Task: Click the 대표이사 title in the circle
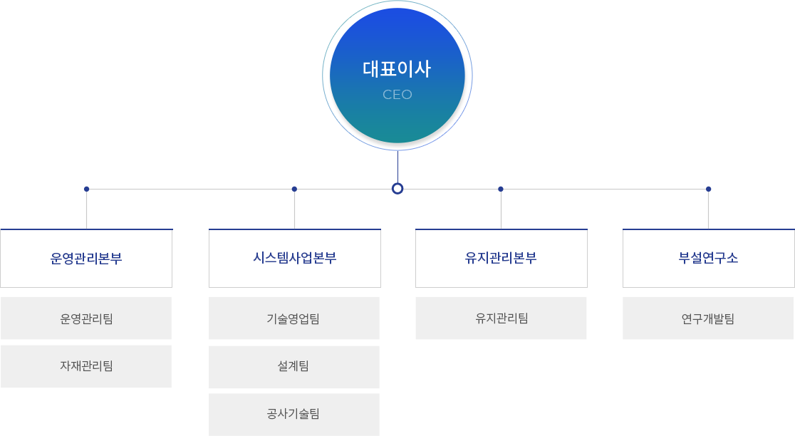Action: (x=397, y=70)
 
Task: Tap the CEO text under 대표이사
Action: (x=397, y=95)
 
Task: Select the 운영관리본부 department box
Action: (x=86, y=258)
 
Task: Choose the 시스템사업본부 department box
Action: (x=294, y=258)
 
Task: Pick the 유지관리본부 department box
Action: (x=501, y=258)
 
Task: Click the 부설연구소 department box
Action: (x=708, y=258)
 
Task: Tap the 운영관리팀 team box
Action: (x=86, y=318)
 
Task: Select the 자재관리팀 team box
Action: (x=86, y=366)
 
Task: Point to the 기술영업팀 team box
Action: (x=293, y=318)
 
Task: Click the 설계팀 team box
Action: (x=293, y=366)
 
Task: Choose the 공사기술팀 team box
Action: (x=293, y=413)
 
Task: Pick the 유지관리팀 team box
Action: (x=501, y=318)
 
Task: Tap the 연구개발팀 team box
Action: (x=708, y=318)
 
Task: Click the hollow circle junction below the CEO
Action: (x=397, y=189)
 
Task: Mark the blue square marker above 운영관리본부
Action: (x=86, y=189)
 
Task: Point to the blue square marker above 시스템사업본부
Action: (x=294, y=189)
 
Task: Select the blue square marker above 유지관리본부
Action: (x=501, y=189)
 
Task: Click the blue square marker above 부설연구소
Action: (x=708, y=189)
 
